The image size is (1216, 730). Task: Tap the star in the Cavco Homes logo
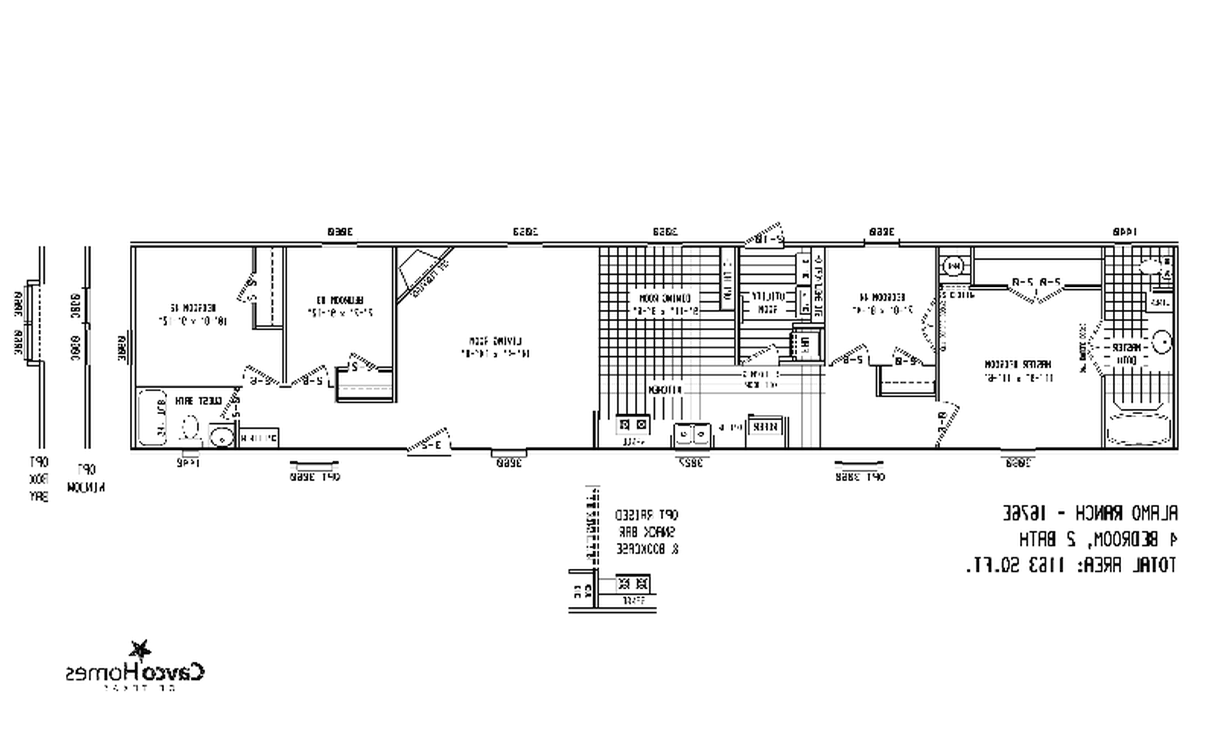click(140, 650)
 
